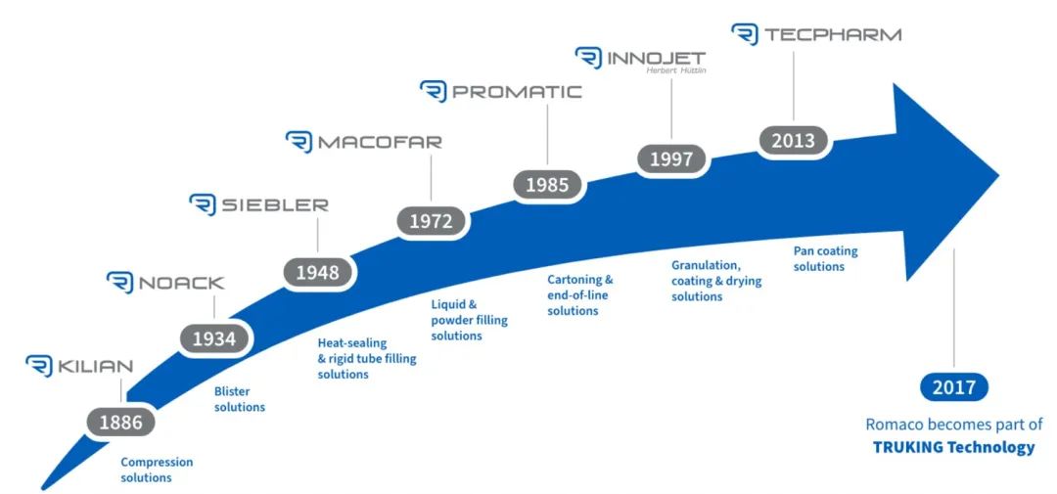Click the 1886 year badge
coord(121,423)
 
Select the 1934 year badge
coord(215,339)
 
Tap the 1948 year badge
coord(317,272)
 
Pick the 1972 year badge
coord(432,220)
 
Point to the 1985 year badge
coord(547,184)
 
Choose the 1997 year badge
coord(671,159)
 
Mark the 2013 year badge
coord(794,141)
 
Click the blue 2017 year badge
coord(954,387)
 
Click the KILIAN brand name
coord(95,367)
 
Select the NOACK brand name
coord(181,283)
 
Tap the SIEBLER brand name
coord(275,204)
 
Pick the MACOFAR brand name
coord(380,142)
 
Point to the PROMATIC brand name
coord(517,92)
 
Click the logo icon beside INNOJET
coord(588,58)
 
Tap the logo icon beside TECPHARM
coord(745,34)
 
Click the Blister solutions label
coord(240,399)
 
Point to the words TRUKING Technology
coord(954,447)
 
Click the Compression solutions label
coord(157,470)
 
